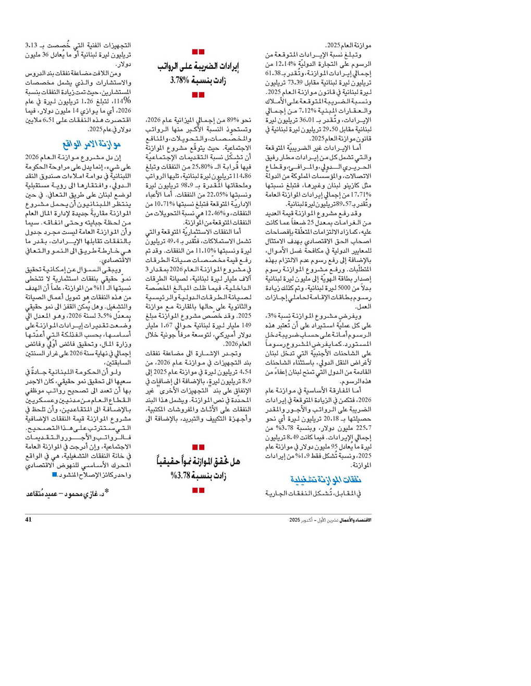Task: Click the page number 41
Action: pos(28,520)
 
